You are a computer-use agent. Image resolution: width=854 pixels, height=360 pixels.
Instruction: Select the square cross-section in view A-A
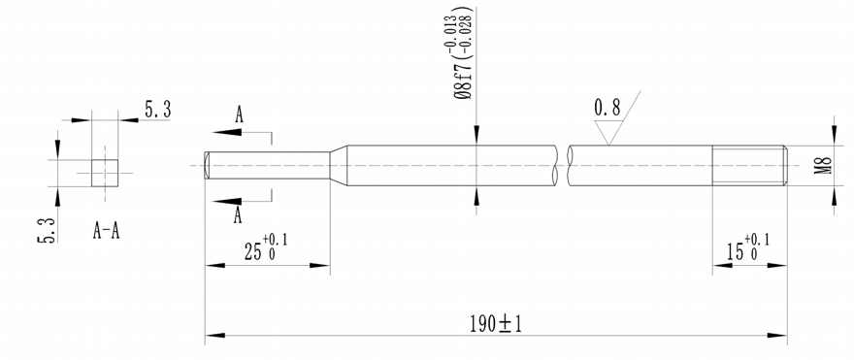pyautogui.click(x=105, y=172)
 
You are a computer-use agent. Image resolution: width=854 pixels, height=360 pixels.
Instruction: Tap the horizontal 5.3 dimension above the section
pyautogui.click(x=157, y=111)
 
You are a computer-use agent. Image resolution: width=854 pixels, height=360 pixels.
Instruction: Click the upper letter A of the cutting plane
pyautogui.click(x=239, y=115)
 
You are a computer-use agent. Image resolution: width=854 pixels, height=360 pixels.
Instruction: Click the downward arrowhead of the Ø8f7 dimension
pyautogui.click(x=476, y=138)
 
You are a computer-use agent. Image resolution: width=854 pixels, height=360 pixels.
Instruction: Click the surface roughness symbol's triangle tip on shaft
pyautogui.click(x=608, y=145)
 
